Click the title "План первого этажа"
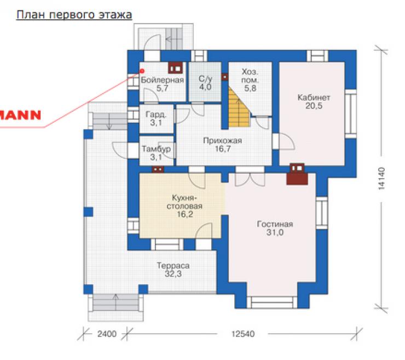(74, 15)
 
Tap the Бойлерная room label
(162, 80)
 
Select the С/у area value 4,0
(205, 87)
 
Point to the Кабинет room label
(314, 98)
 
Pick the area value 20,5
(314, 106)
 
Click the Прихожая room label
(222, 141)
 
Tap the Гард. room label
(156, 115)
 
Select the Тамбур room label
(157, 149)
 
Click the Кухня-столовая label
(184, 202)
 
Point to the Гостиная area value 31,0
(275, 232)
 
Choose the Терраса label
(173, 266)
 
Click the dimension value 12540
(243, 334)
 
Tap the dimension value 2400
(107, 334)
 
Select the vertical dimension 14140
(381, 179)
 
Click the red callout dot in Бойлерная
(142, 71)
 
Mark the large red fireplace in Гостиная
(297, 175)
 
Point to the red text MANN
(20, 115)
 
